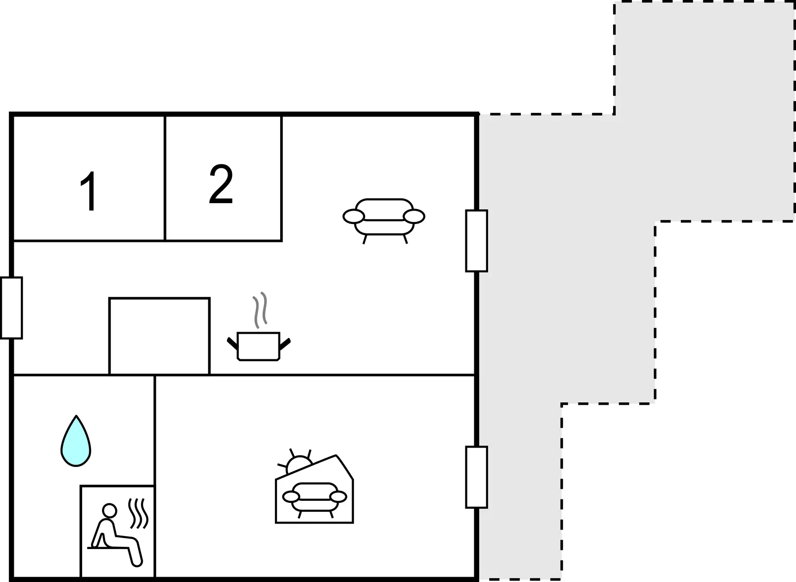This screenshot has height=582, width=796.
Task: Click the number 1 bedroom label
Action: click(x=89, y=191)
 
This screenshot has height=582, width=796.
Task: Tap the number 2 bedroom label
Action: click(x=221, y=184)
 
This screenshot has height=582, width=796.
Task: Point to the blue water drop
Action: click(x=76, y=441)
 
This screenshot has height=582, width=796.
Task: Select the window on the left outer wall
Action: click(x=11, y=308)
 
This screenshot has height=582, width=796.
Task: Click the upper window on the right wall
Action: click(x=477, y=241)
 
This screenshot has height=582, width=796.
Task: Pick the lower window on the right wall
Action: click(x=477, y=477)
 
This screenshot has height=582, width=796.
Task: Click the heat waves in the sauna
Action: click(x=138, y=514)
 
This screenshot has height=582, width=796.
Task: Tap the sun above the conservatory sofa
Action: click(x=298, y=462)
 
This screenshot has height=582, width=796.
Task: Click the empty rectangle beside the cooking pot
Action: click(x=159, y=336)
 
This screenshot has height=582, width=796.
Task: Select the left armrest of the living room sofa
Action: click(x=354, y=216)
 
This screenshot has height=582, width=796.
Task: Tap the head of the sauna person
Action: click(x=109, y=510)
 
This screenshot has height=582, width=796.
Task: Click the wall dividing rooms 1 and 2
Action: click(x=165, y=178)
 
